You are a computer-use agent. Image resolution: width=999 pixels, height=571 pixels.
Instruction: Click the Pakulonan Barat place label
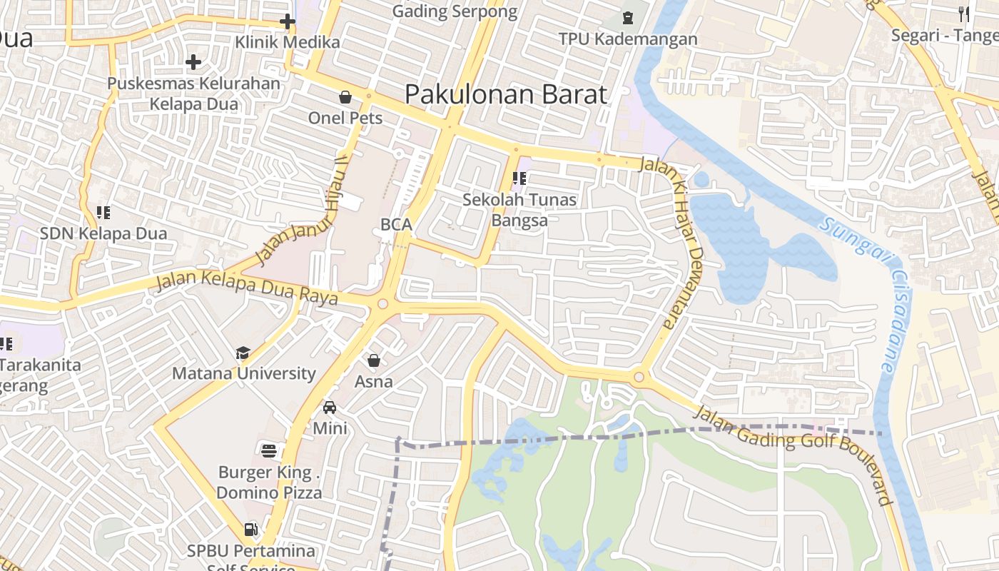pyautogui.click(x=506, y=94)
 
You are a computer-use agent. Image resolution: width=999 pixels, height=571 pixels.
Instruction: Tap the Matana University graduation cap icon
pyautogui.click(x=243, y=353)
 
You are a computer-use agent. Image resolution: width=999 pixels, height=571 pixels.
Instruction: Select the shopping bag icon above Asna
pyautogui.click(x=374, y=361)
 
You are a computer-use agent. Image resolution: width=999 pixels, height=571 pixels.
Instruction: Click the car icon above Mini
pyautogui.click(x=330, y=408)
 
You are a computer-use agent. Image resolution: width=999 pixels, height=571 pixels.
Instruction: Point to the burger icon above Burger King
pyautogui.click(x=269, y=450)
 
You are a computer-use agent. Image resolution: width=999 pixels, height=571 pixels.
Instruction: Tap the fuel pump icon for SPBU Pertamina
pyautogui.click(x=250, y=530)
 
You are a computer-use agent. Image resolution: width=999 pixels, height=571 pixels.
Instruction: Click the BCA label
pyautogui.click(x=396, y=224)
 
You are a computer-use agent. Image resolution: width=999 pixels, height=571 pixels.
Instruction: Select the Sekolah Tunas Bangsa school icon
pyautogui.click(x=519, y=179)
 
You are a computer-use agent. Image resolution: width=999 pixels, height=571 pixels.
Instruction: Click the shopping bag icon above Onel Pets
pyautogui.click(x=345, y=97)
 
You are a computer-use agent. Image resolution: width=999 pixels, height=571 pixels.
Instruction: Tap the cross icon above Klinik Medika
pyautogui.click(x=288, y=21)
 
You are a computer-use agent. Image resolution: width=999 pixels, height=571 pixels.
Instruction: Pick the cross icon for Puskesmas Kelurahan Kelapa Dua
pyautogui.click(x=193, y=62)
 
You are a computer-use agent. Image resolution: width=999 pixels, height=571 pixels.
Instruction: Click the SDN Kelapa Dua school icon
pyautogui.click(x=103, y=213)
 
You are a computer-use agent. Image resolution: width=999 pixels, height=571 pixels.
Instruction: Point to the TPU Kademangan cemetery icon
pyautogui.click(x=628, y=18)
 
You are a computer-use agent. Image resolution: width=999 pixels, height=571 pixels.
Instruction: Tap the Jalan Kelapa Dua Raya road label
pyautogui.click(x=247, y=287)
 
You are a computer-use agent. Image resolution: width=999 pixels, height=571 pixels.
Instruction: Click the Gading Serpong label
pyautogui.click(x=455, y=11)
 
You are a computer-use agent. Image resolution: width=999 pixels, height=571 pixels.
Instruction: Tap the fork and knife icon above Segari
pyautogui.click(x=964, y=14)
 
